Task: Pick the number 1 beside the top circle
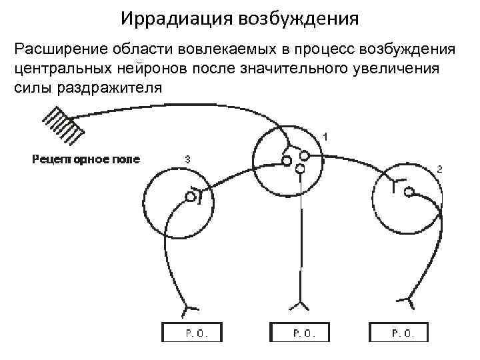(x=325, y=136)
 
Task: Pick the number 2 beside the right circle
(x=439, y=169)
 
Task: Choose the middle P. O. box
(x=299, y=333)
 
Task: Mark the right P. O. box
(x=399, y=333)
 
